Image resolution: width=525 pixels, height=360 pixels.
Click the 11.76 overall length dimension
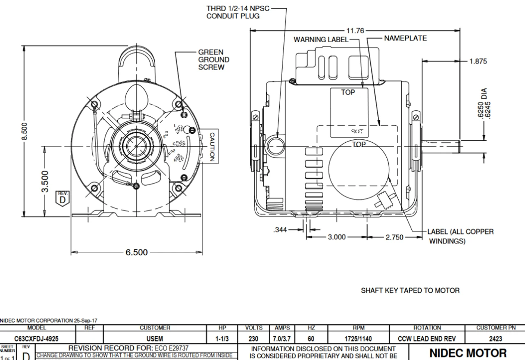pos(355,30)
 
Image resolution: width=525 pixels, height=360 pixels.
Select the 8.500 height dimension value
pos(25,131)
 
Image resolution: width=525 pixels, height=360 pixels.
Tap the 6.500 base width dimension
pos(137,252)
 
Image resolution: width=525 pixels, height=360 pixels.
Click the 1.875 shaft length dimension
pos(478,61)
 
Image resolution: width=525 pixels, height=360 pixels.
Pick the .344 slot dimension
pos(280,230)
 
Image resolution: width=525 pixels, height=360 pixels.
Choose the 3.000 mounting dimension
pos(336,237)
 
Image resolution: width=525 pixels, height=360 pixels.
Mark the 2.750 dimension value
pos(395,237)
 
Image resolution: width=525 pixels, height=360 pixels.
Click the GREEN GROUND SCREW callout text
pos(214,60)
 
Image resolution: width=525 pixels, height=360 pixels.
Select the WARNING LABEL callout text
pos(321,39)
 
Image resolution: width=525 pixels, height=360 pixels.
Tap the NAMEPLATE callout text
pos(405,38)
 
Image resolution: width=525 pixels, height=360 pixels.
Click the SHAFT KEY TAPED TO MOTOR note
pos(410,290)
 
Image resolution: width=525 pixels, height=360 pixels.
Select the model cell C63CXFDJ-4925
pos(36,339)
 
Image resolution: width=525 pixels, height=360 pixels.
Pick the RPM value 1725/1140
pos(358,339)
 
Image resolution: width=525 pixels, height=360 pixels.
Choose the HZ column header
pos(311,328)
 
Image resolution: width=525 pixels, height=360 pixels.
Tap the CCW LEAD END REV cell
pos(427,339)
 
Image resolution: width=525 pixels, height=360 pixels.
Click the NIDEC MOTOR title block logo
pos(468,353)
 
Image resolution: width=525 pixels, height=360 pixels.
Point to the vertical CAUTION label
pos(212,146)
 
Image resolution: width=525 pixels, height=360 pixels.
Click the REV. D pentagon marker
pos(62,198)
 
